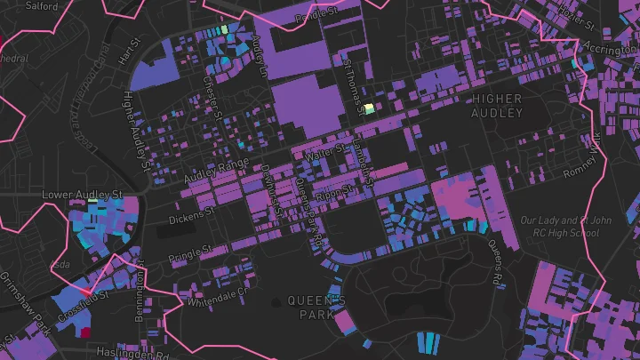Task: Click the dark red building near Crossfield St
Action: coord(86,332)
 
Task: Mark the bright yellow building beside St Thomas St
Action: coord(368,108)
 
